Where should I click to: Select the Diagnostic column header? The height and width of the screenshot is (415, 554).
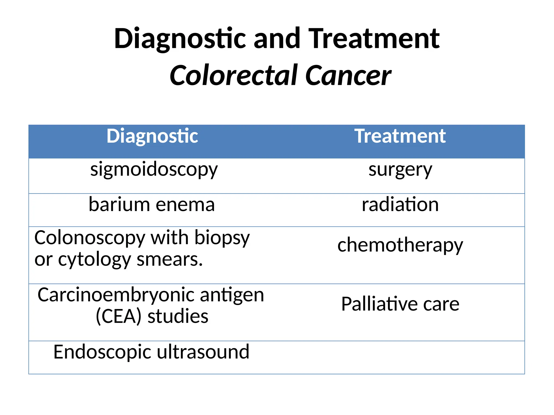click(x=152, y=136)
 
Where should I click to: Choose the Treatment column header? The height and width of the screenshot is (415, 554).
click(x=400, y=136)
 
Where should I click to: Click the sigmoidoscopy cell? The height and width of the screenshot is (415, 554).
click(x=154, y=170)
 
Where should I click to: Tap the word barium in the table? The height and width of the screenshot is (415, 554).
click(x=119, y=204)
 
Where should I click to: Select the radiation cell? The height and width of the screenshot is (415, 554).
click(x=400, y=204)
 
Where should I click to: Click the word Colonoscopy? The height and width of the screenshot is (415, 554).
click(x=90, y=238)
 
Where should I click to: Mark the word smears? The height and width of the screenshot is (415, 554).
click(x=170, y=259)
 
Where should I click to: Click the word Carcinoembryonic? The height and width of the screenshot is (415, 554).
click(x=117, y=295)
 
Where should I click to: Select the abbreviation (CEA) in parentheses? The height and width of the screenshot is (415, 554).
click(x=118, y=316)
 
